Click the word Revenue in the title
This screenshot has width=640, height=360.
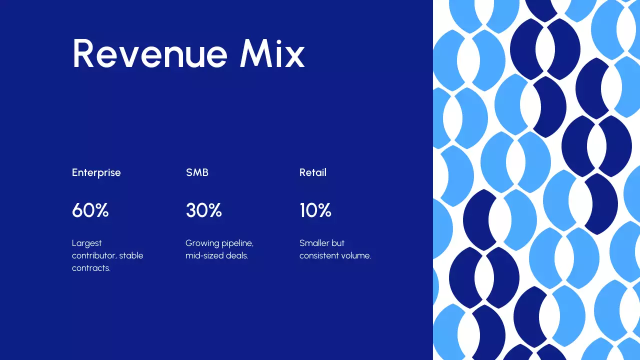pyautogui.click(x=150, y=53)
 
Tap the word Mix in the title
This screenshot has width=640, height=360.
pyautogui.click(x=272, y=53)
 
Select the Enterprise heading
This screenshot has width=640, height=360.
pyautogui.click(x=96, y=172)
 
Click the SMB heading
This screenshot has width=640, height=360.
pyautogui.click(x=197, y=172)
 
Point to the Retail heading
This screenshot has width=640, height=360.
pyautogui.click(x=313, y=172)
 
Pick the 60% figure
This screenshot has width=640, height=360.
pyautogui.click(x=90, y=210)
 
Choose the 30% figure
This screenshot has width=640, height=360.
pyautogui.click(x=204, y=210)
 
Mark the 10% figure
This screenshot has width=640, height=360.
pyautogui.click(x=315, y=210)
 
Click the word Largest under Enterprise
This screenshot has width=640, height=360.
pyautogui.click(x=87, y=243)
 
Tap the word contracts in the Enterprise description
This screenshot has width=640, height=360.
pyautogui.click(x=91, y=268)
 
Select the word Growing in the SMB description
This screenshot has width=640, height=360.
pyautogui.click(x=202, y=243)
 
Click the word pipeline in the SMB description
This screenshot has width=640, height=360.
pyautogui.click(x=237, y=243)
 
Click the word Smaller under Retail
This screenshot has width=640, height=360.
pyautogui.click(x=314, y=243)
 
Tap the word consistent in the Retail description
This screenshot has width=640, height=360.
pyautogui.click(x=318, y=255)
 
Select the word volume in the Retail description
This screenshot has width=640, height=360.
pyautogui.click(x=355, y=255)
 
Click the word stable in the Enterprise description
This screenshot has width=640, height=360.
pyautogui.click(x=131, y=255)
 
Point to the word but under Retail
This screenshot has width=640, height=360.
pyautogui.click(x=338, y=243)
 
